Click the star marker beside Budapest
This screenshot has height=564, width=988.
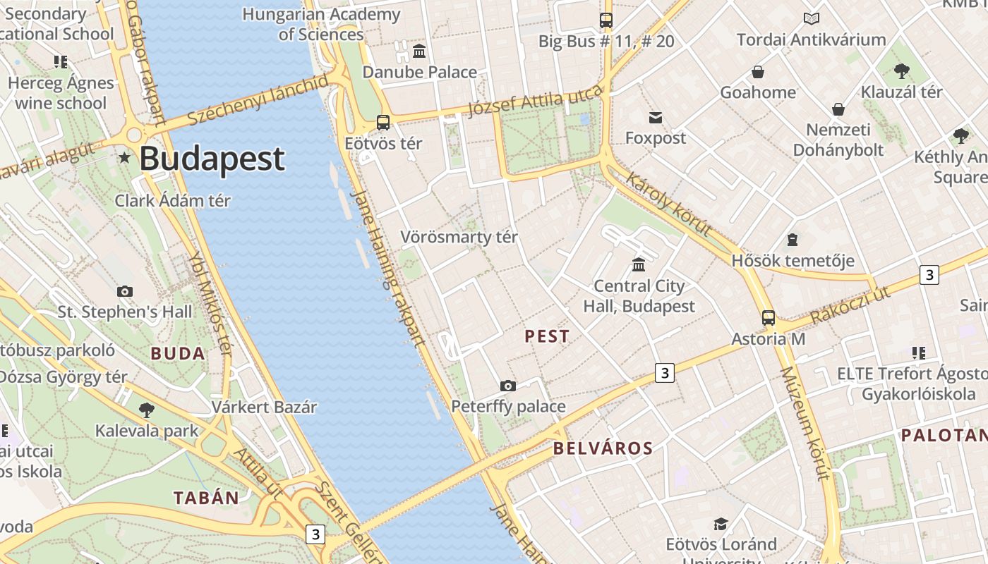point(125,158)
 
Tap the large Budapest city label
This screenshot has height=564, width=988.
point(212,159)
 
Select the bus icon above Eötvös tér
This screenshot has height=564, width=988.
point(383,123)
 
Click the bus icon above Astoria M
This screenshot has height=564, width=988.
point(768,318)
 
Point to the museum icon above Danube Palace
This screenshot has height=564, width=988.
point(419,51)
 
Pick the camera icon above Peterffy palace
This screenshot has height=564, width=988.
point(507,386)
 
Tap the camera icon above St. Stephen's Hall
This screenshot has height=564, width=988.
point(124,291)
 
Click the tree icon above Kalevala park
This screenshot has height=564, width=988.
point(147,410)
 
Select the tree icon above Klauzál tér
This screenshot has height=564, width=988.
point(901,70)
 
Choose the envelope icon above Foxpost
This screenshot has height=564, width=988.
point(656,117)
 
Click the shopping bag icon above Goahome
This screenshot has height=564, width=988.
point(757,72)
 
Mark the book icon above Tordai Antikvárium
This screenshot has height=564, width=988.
point(811,19)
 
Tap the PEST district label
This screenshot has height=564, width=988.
point(547,337)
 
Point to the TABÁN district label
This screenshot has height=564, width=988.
point(207,498)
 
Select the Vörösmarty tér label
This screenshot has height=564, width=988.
point(459,238)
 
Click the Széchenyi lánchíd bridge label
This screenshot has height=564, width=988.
point(258,102)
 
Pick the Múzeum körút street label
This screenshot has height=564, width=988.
point(805,423)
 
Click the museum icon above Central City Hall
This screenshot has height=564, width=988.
point(639,264)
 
